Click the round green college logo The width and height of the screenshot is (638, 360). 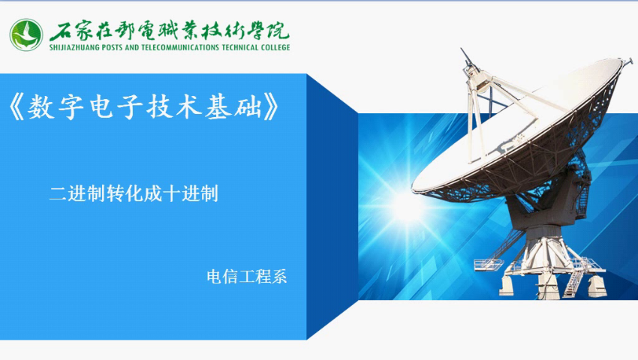click(26, 35)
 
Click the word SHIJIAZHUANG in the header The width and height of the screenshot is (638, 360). click(74, 47)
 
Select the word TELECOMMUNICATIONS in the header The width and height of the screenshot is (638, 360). click(180, 47)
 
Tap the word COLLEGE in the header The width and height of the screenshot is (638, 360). click(275, 47)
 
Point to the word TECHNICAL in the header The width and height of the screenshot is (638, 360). click(240, 47)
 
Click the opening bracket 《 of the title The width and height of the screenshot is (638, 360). click(17, 107)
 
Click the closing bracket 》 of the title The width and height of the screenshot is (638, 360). click(271, 107)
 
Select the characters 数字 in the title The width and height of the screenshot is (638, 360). click(56, 107)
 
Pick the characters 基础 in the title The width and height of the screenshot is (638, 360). click(233, 107)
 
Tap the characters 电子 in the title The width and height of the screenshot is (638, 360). click(115, 107)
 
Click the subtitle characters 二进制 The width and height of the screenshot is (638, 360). click(77, 193)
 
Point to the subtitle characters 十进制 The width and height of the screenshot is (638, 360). click(191, 193)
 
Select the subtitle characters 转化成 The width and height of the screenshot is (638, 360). click(134, 193)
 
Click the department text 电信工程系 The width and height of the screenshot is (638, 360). click(247, 277)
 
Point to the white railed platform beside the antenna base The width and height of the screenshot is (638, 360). click(489, 265)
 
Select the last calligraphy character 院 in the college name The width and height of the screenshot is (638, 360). click(278, 31)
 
